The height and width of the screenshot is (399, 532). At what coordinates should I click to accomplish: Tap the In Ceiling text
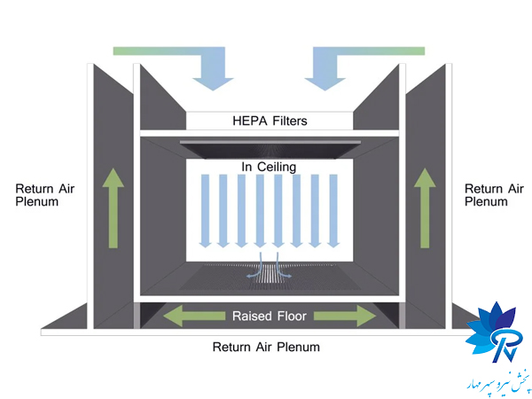tap(268, 167)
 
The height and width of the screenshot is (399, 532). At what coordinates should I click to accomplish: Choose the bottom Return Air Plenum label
tap(266, 347)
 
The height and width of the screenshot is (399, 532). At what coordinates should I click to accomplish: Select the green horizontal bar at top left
tap(151, 51)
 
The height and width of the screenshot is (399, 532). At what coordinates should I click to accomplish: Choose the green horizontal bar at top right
tap(381, 51)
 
